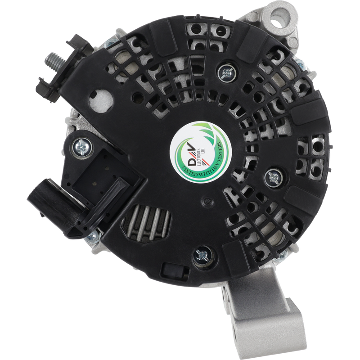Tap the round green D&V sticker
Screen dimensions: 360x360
coord(200,153)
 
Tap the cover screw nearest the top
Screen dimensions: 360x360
coord(227,73)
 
